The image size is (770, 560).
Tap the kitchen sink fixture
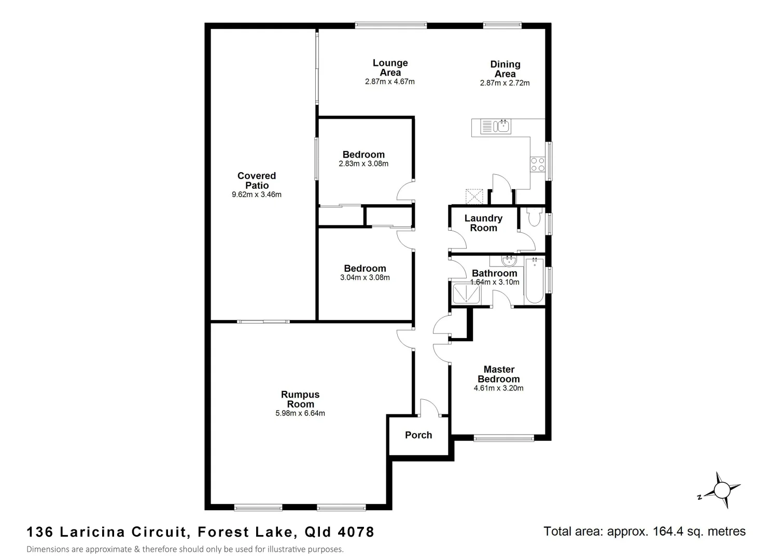tap(503, 126)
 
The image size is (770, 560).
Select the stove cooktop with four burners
tap(537, 164)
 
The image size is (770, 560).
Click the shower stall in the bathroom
tap(467, 294)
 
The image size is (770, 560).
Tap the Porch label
tap(418, 435)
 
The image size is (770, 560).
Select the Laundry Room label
tap(483, 223)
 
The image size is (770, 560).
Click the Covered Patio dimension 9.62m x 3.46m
tap(256, 195)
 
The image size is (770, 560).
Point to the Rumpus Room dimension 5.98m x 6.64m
tap(300, 413)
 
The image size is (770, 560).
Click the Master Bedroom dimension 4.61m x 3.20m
tap(498, 388)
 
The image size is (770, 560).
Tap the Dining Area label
tap(505, 69)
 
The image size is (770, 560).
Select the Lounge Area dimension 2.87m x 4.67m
tap(389, 81)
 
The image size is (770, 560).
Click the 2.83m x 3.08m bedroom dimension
tap(363, 164)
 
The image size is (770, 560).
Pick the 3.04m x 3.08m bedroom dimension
tap(365, 277)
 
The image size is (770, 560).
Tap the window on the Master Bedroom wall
tap(503, 438)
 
